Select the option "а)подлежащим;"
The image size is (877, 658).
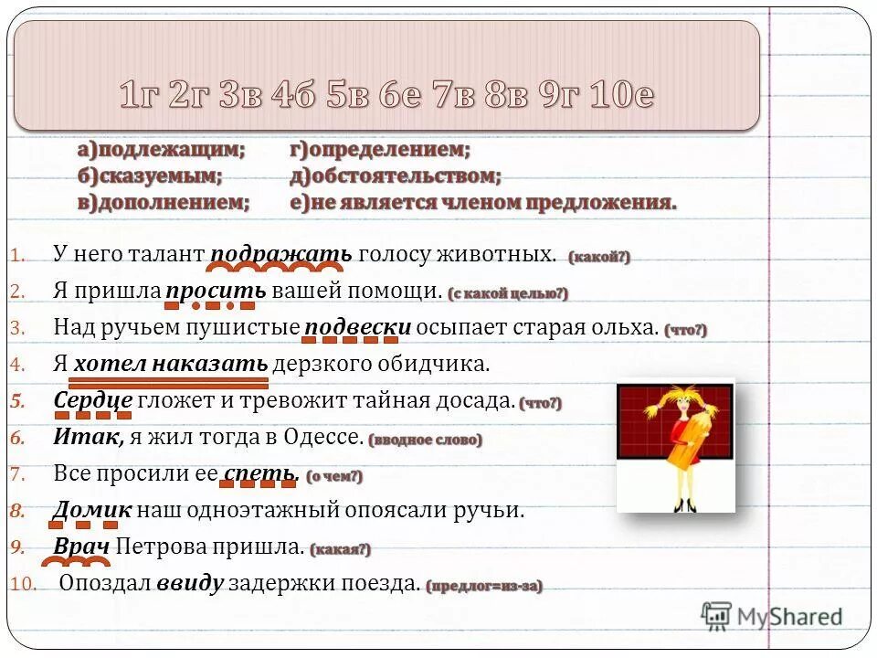click(162, 149)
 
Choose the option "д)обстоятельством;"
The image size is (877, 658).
click(396, 175)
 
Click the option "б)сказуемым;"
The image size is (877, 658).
click(149, 175)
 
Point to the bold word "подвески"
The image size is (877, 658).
click(357, 327)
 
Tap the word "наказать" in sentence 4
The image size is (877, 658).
click(210, 364)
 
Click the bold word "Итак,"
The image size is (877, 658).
click(89, 437)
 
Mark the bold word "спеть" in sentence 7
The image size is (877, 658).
click(260, 473)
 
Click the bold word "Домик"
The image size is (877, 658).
click(92, 510)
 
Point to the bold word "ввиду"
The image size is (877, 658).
click(189, 584)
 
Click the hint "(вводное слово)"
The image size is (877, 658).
click(426, 440)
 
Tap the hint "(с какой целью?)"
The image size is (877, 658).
click(508, 293)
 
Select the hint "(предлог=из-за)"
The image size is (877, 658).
click(484, 586)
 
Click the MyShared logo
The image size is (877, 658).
click(771, 617)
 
